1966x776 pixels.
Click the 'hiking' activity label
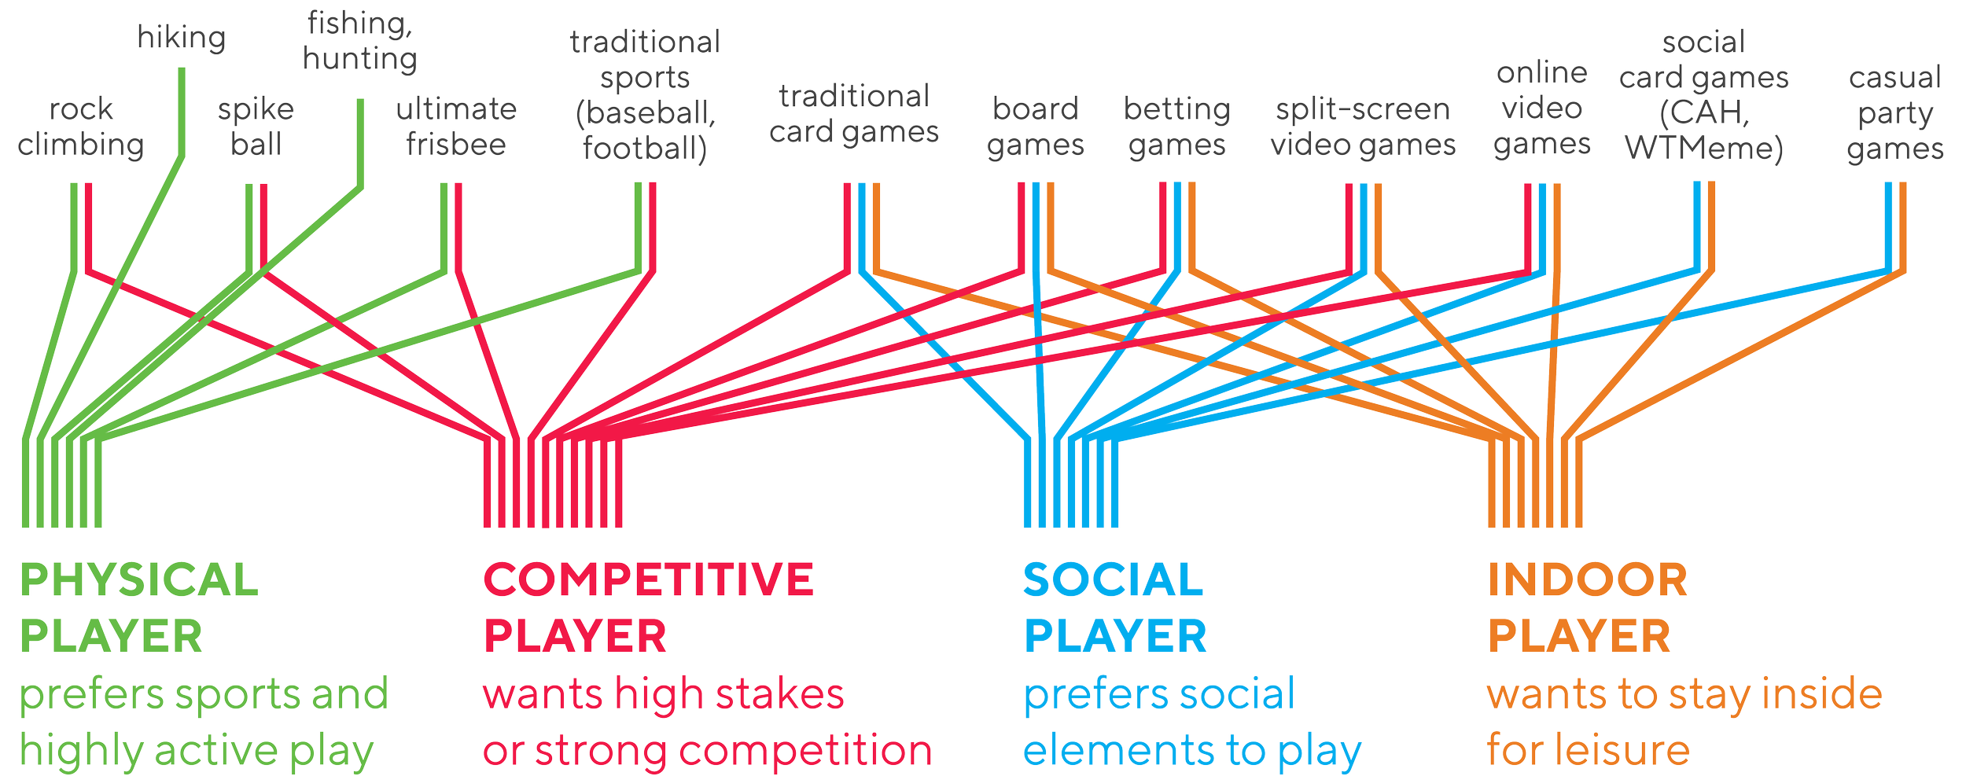click(x=182, y=38)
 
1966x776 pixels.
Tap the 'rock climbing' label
click(x=80, y=127)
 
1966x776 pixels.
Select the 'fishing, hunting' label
click(x=360, y=42)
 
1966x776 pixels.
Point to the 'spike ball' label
click(x=256, y=127)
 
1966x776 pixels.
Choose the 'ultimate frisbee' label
click(x=456, y=127)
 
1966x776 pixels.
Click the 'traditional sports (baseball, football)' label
click(x=645, y=95)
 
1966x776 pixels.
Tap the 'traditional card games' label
click(x=854, y=115)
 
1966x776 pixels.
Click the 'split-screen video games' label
click(x=1363, y=127)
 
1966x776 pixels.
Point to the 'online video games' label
click(x=1542, y=108)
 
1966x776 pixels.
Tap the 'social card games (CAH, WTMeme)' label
click(x=1704, y=95)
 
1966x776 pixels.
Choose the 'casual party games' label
click(x=1895, y=113)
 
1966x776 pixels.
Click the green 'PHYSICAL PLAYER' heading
click(x=138, y=608)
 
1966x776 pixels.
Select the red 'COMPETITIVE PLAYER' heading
click(x=648, y=608)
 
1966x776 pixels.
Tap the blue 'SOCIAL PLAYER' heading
click(x=1114, y=608)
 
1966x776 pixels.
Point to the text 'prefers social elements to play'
click(x=1191, y=723)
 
